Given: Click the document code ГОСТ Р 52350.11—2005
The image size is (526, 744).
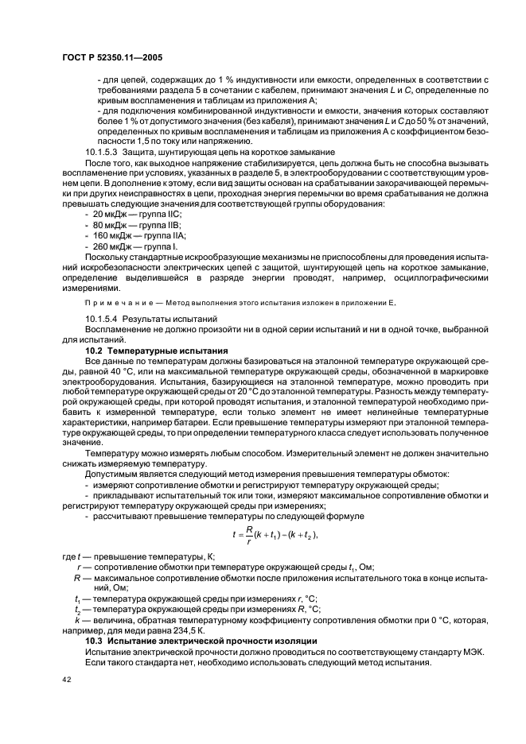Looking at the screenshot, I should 111,58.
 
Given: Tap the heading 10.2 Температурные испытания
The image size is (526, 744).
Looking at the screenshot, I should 157,350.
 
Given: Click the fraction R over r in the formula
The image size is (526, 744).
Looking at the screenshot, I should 248,535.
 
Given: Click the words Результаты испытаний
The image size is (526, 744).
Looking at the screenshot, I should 163,319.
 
